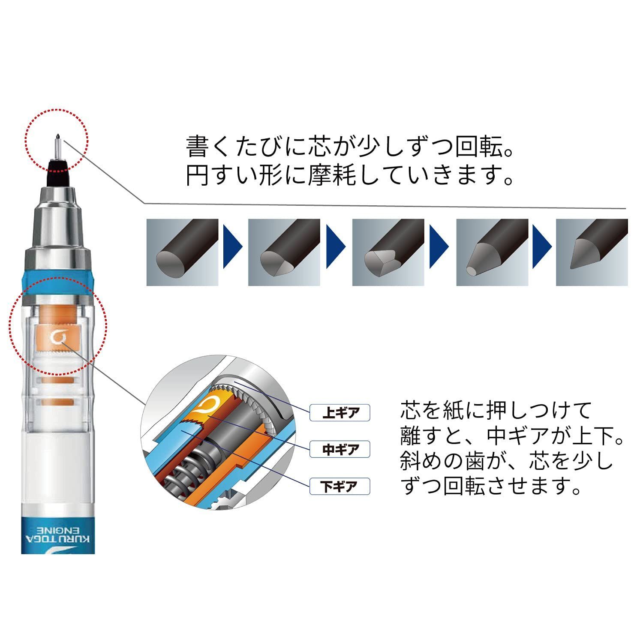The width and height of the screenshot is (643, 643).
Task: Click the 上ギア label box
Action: pyautogui.click(x=340, y=413)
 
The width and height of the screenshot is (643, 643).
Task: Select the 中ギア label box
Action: pyautogui.click(x=340, y=450)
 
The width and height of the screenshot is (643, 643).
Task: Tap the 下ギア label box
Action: pyautogui.click(x=340, y=487)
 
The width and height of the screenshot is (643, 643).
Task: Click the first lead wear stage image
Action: pyautogui.click(x=182, y=252)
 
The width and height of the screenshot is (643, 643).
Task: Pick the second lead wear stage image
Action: pyautogui.click(x=284, y=252)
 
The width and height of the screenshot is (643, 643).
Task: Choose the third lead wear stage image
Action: pyautogui.click(x=388, y=252)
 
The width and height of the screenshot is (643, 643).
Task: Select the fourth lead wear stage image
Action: pyautogui.click(x=492, y=252)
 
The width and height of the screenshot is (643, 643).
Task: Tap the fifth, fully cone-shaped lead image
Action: pyautogui.click(x=592, y=252)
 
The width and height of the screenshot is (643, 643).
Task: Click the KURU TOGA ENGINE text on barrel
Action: pyautogui.click(x=57, y=534)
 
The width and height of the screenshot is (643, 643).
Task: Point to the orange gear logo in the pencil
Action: pyautogui.click(x=57, y=338)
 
